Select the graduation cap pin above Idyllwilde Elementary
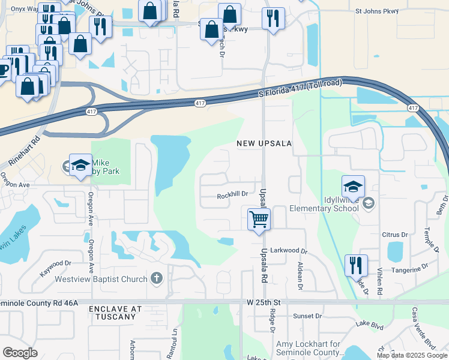point(354,186)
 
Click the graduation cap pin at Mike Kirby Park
point(80,166)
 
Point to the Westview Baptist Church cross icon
point(156,278)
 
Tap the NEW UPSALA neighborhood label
point(264,143)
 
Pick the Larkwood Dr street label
point(289,252)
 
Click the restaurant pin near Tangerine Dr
point(357,265)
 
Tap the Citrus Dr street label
point(395,234)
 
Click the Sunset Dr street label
point(307,316)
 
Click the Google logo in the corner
point(20,352)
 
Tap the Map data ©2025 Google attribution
point(412,355)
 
